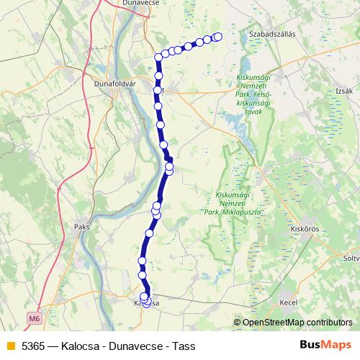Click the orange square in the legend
(x=9, y=346)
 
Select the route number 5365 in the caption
(x=34, y=346)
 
